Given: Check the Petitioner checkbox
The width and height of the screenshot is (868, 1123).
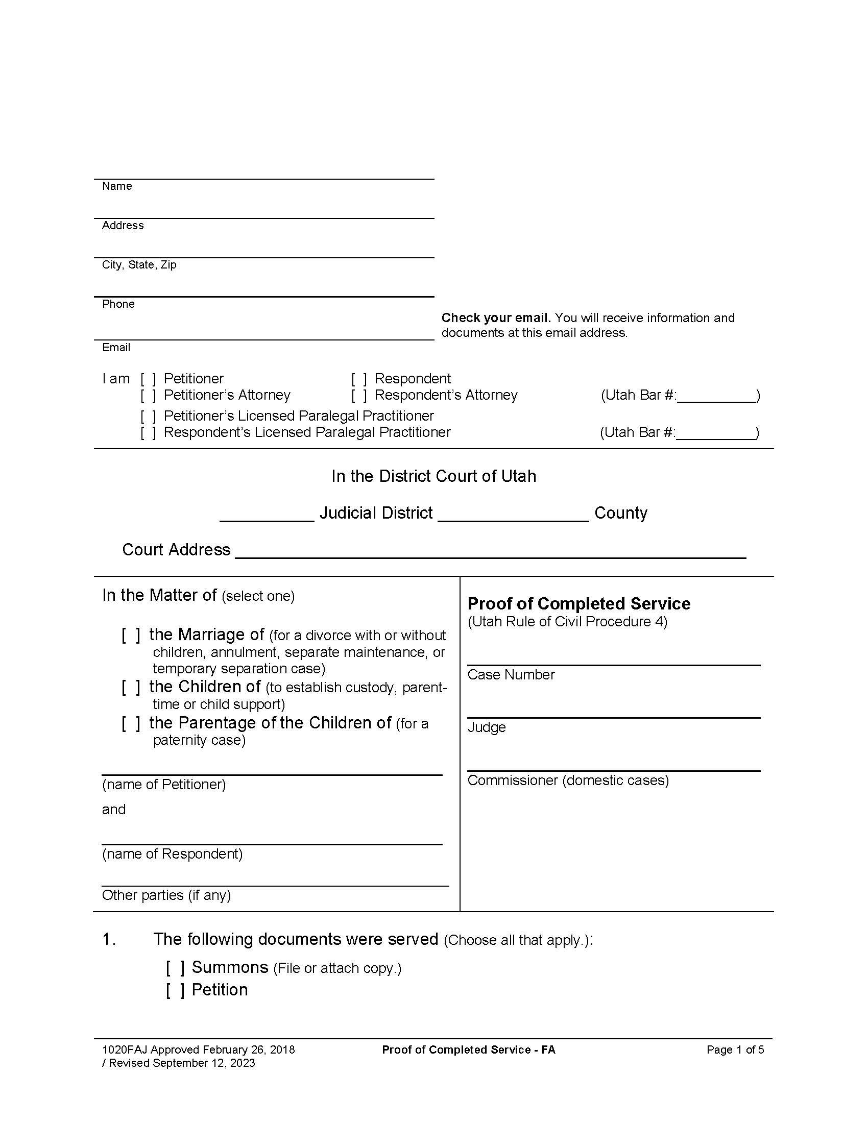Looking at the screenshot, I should [x=148, y=379].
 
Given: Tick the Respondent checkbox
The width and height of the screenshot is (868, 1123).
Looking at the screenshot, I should [x=359, y=379].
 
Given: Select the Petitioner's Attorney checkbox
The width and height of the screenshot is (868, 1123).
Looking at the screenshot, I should [x=148, y=396].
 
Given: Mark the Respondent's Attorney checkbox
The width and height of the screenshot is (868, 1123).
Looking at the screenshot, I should [x=359, y=396].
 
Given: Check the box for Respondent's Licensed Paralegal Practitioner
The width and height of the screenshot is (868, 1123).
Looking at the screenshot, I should [x=148, y=433].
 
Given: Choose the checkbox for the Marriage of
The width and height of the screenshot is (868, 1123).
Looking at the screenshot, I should [x=131, y=636].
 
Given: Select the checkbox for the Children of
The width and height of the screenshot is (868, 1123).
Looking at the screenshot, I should [x=131, y=688].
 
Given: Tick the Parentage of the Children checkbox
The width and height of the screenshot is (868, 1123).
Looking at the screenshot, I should [x=131, y=724].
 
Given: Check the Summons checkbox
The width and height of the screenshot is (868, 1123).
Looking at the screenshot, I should [x=175, y=968].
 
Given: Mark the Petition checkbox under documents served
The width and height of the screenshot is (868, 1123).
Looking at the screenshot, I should [x=175, y=990].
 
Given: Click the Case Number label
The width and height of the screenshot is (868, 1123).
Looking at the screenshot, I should [x=511, y=675].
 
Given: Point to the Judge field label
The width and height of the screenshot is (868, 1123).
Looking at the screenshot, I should [x=487, y=727].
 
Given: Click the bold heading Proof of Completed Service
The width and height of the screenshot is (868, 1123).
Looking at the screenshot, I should [x=578, y=604].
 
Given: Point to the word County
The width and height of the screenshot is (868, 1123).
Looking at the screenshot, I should [x=621, y=513].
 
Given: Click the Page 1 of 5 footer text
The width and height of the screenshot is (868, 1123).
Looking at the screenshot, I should [x=735, y=1050].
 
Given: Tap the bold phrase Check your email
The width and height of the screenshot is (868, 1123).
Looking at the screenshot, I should [x=496, y=318].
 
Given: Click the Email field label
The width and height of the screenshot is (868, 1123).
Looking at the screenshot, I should [x=116, y=348].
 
